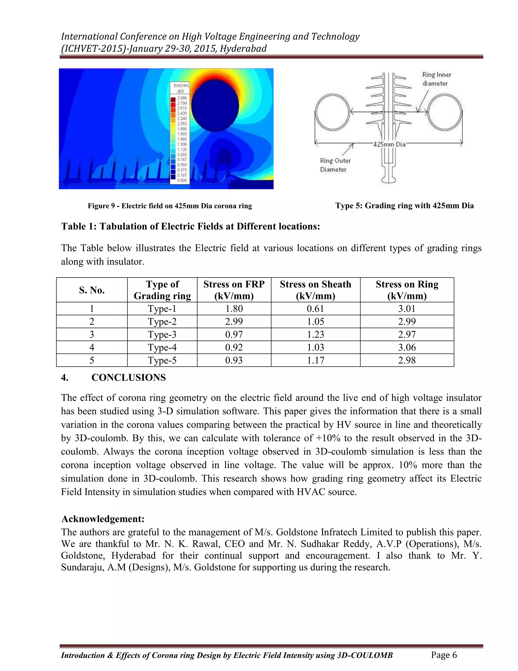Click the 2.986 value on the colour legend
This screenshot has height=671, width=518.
[x=182, y=98]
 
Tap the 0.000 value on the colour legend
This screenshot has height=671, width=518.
[x=182, y=180]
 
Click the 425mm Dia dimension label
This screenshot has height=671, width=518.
[x=389, y=144]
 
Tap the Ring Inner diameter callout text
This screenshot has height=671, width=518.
[x=436, y=79]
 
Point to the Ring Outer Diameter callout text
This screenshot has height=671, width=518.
[x=335, y=165]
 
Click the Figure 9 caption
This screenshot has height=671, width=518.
[x=170, y=206]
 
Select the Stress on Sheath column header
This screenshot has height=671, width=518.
[x=315, y=290]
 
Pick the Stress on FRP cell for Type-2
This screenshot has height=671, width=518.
[x=234, y=321]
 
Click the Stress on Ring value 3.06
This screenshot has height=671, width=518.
[x=407, y=347]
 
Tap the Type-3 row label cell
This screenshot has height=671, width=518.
[x=162, y=334]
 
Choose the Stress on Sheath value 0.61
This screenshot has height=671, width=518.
[x=315, y=308]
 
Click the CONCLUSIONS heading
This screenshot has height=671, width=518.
[x=128, y=378]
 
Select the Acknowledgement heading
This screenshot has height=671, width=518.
[x=103, y=519]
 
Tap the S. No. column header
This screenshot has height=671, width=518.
[x=92, y=290]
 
